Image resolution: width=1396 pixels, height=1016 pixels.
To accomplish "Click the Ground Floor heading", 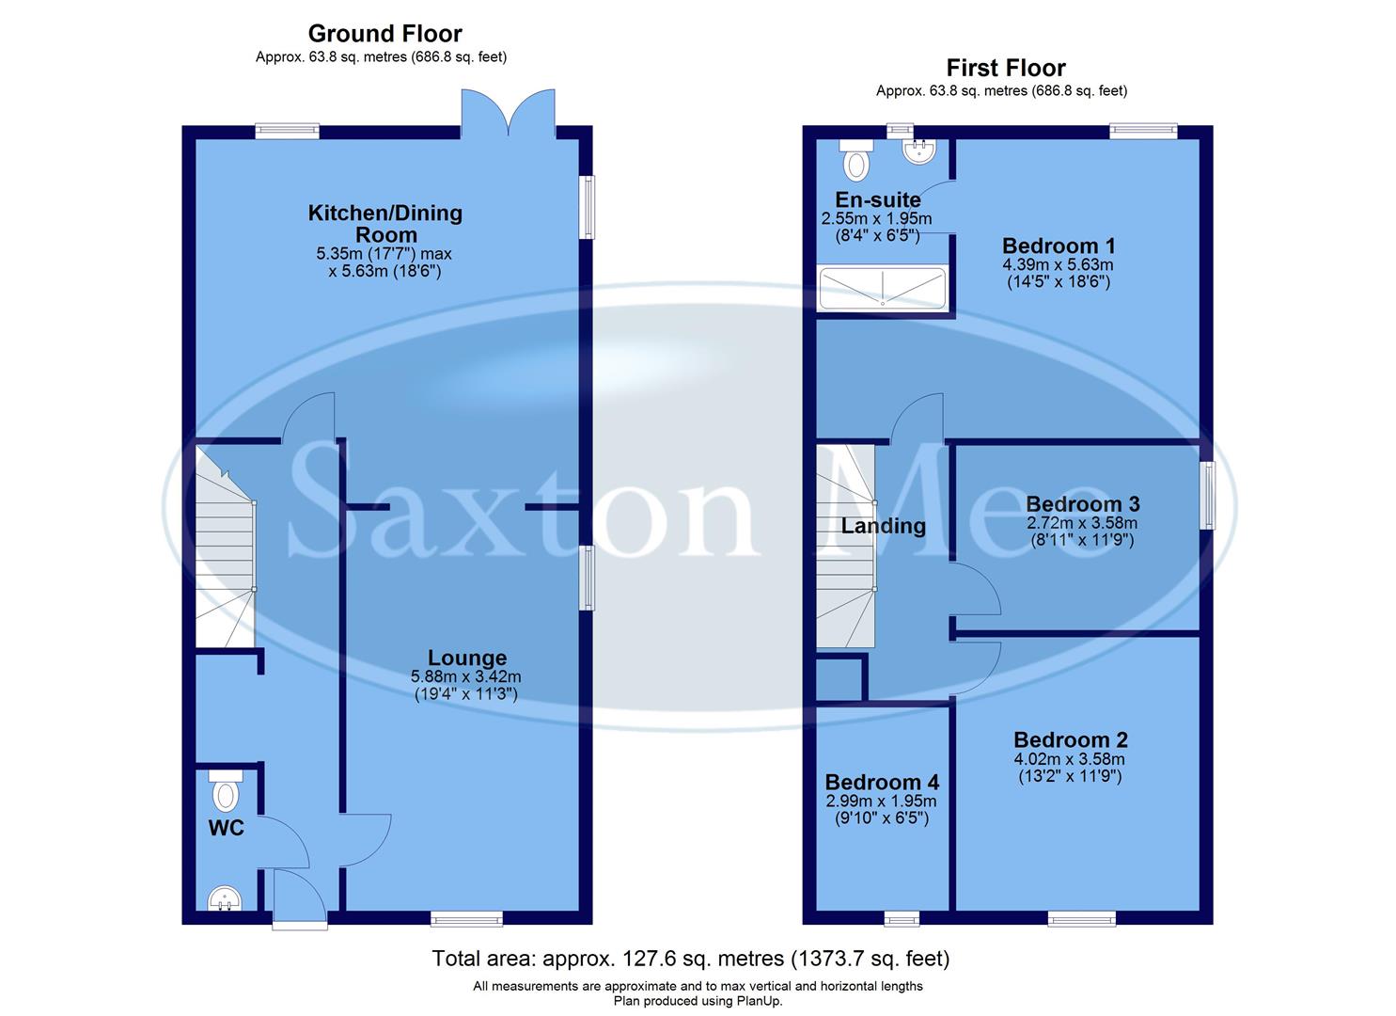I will (384, 34).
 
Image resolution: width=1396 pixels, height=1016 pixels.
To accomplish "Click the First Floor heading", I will (1005, 68).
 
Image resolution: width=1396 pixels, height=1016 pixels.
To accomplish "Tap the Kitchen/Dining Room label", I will (385, 224).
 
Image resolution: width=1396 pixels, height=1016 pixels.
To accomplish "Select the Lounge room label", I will (467, 659).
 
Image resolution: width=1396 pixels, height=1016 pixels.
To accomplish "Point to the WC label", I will (226, 828).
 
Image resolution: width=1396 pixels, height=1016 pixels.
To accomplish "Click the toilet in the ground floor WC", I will (226, 792).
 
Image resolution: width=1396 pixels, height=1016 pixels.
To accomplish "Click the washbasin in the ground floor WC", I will (224, 898).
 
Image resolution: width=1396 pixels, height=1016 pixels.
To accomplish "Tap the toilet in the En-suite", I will (855, 162).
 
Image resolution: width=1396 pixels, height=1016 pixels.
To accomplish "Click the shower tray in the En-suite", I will (882, 288).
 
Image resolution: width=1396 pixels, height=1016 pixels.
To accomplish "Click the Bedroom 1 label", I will (1059, 246).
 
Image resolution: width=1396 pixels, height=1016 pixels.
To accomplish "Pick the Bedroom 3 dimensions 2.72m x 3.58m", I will (1081, 523).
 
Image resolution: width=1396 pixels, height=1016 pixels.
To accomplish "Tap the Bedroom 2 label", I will (1071, 740).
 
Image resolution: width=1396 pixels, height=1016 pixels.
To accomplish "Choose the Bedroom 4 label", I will (882, 783).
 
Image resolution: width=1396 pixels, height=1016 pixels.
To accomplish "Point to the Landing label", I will (883, 526).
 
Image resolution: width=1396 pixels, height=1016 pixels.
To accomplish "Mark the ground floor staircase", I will (226, 550).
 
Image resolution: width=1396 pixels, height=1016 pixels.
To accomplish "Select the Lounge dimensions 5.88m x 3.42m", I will (466, 676).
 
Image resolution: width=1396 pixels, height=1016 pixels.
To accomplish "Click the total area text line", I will (691, 959).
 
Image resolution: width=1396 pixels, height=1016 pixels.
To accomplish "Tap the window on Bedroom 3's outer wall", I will (1206, 495).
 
